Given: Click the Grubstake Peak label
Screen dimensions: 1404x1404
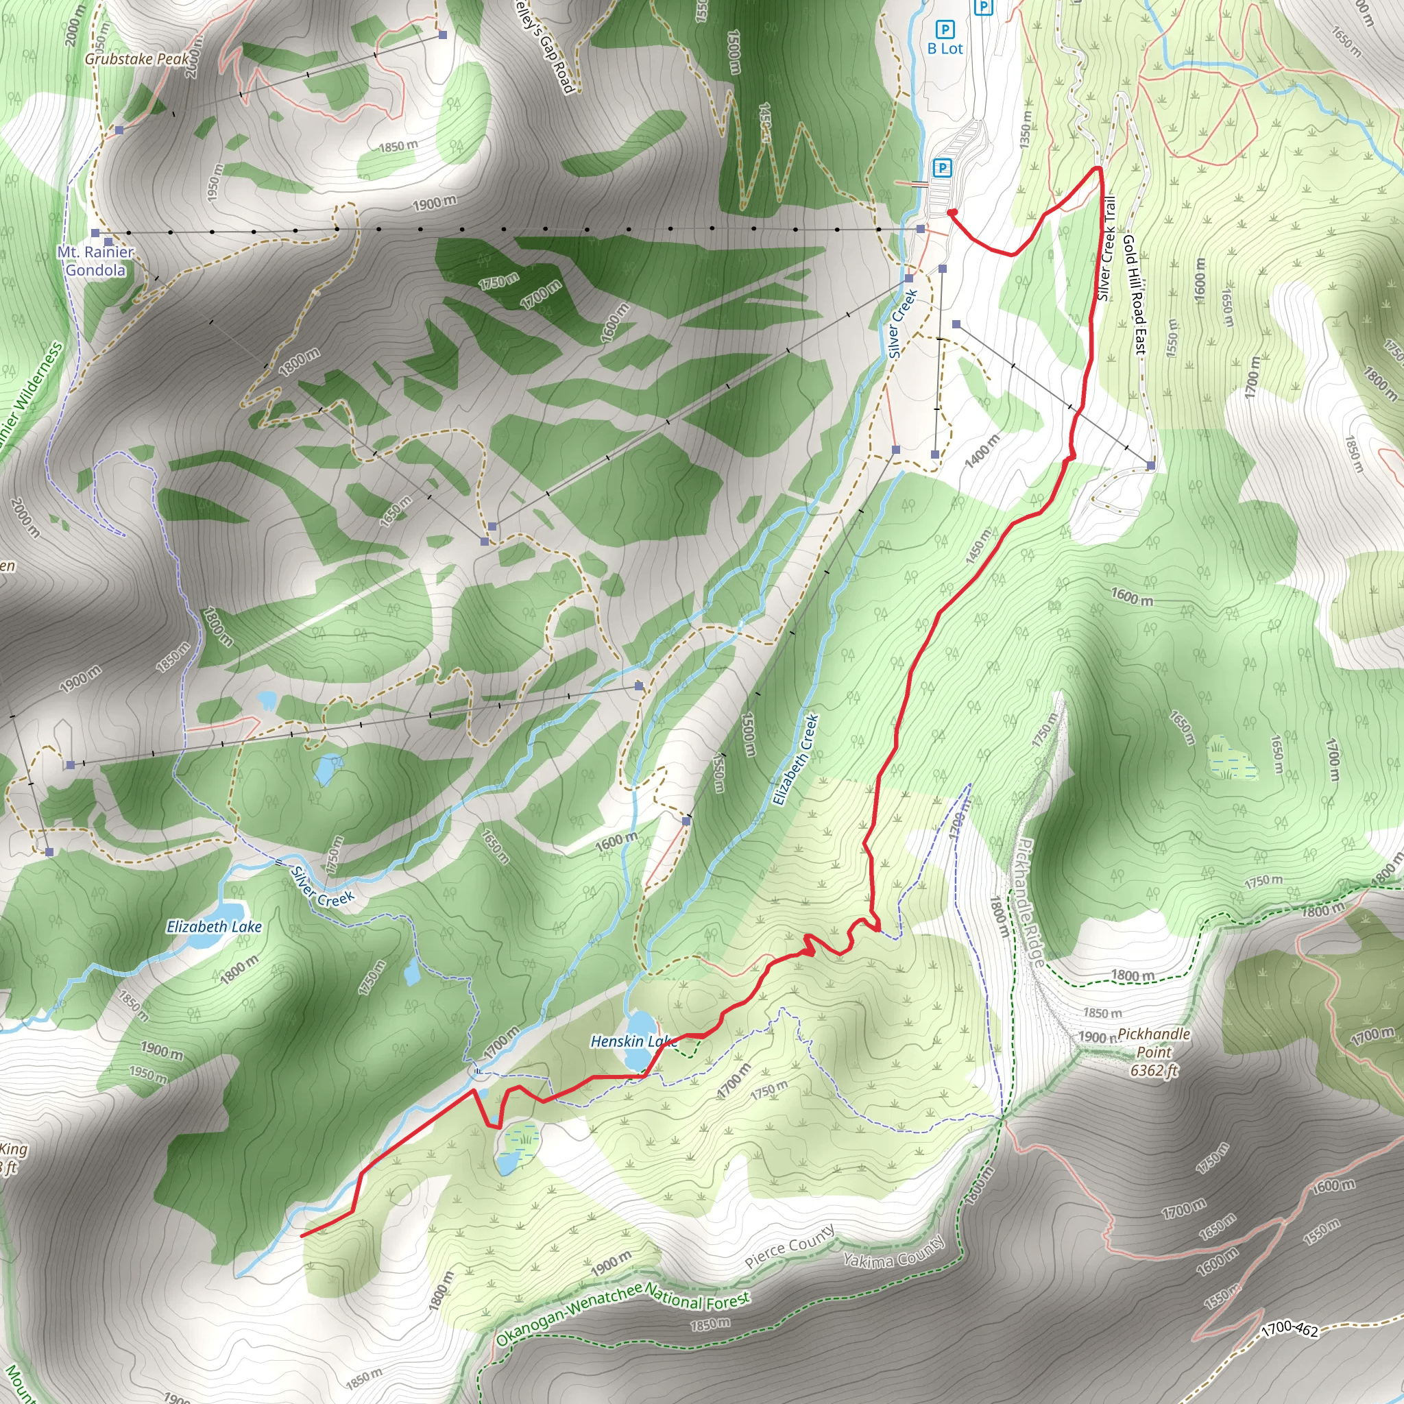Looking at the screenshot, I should point(136,59).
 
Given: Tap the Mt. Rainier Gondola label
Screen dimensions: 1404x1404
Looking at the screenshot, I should point(96,261).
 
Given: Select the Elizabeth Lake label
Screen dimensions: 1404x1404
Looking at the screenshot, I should point(214,927).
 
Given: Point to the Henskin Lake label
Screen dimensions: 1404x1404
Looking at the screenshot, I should point(633,1041).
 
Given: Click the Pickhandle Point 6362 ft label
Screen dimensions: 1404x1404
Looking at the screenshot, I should point(1153,1052).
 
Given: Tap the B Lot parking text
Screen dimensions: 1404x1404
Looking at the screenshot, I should point(945,49).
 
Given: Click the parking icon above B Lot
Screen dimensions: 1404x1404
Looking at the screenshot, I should point(945,29).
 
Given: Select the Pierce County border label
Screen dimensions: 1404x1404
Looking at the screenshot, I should point(789,1247).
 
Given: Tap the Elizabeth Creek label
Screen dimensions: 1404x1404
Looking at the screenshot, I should point(796,760).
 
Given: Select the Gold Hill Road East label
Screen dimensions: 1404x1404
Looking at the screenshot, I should point(1135,294).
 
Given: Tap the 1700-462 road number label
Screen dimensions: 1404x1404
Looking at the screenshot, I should point(1290,1329).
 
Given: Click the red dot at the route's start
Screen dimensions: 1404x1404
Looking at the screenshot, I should point(952,213).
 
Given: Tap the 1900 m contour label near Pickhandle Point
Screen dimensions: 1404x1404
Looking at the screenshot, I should point(1097,1037).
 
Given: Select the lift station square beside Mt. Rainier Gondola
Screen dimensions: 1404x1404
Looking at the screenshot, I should point(95,232).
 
